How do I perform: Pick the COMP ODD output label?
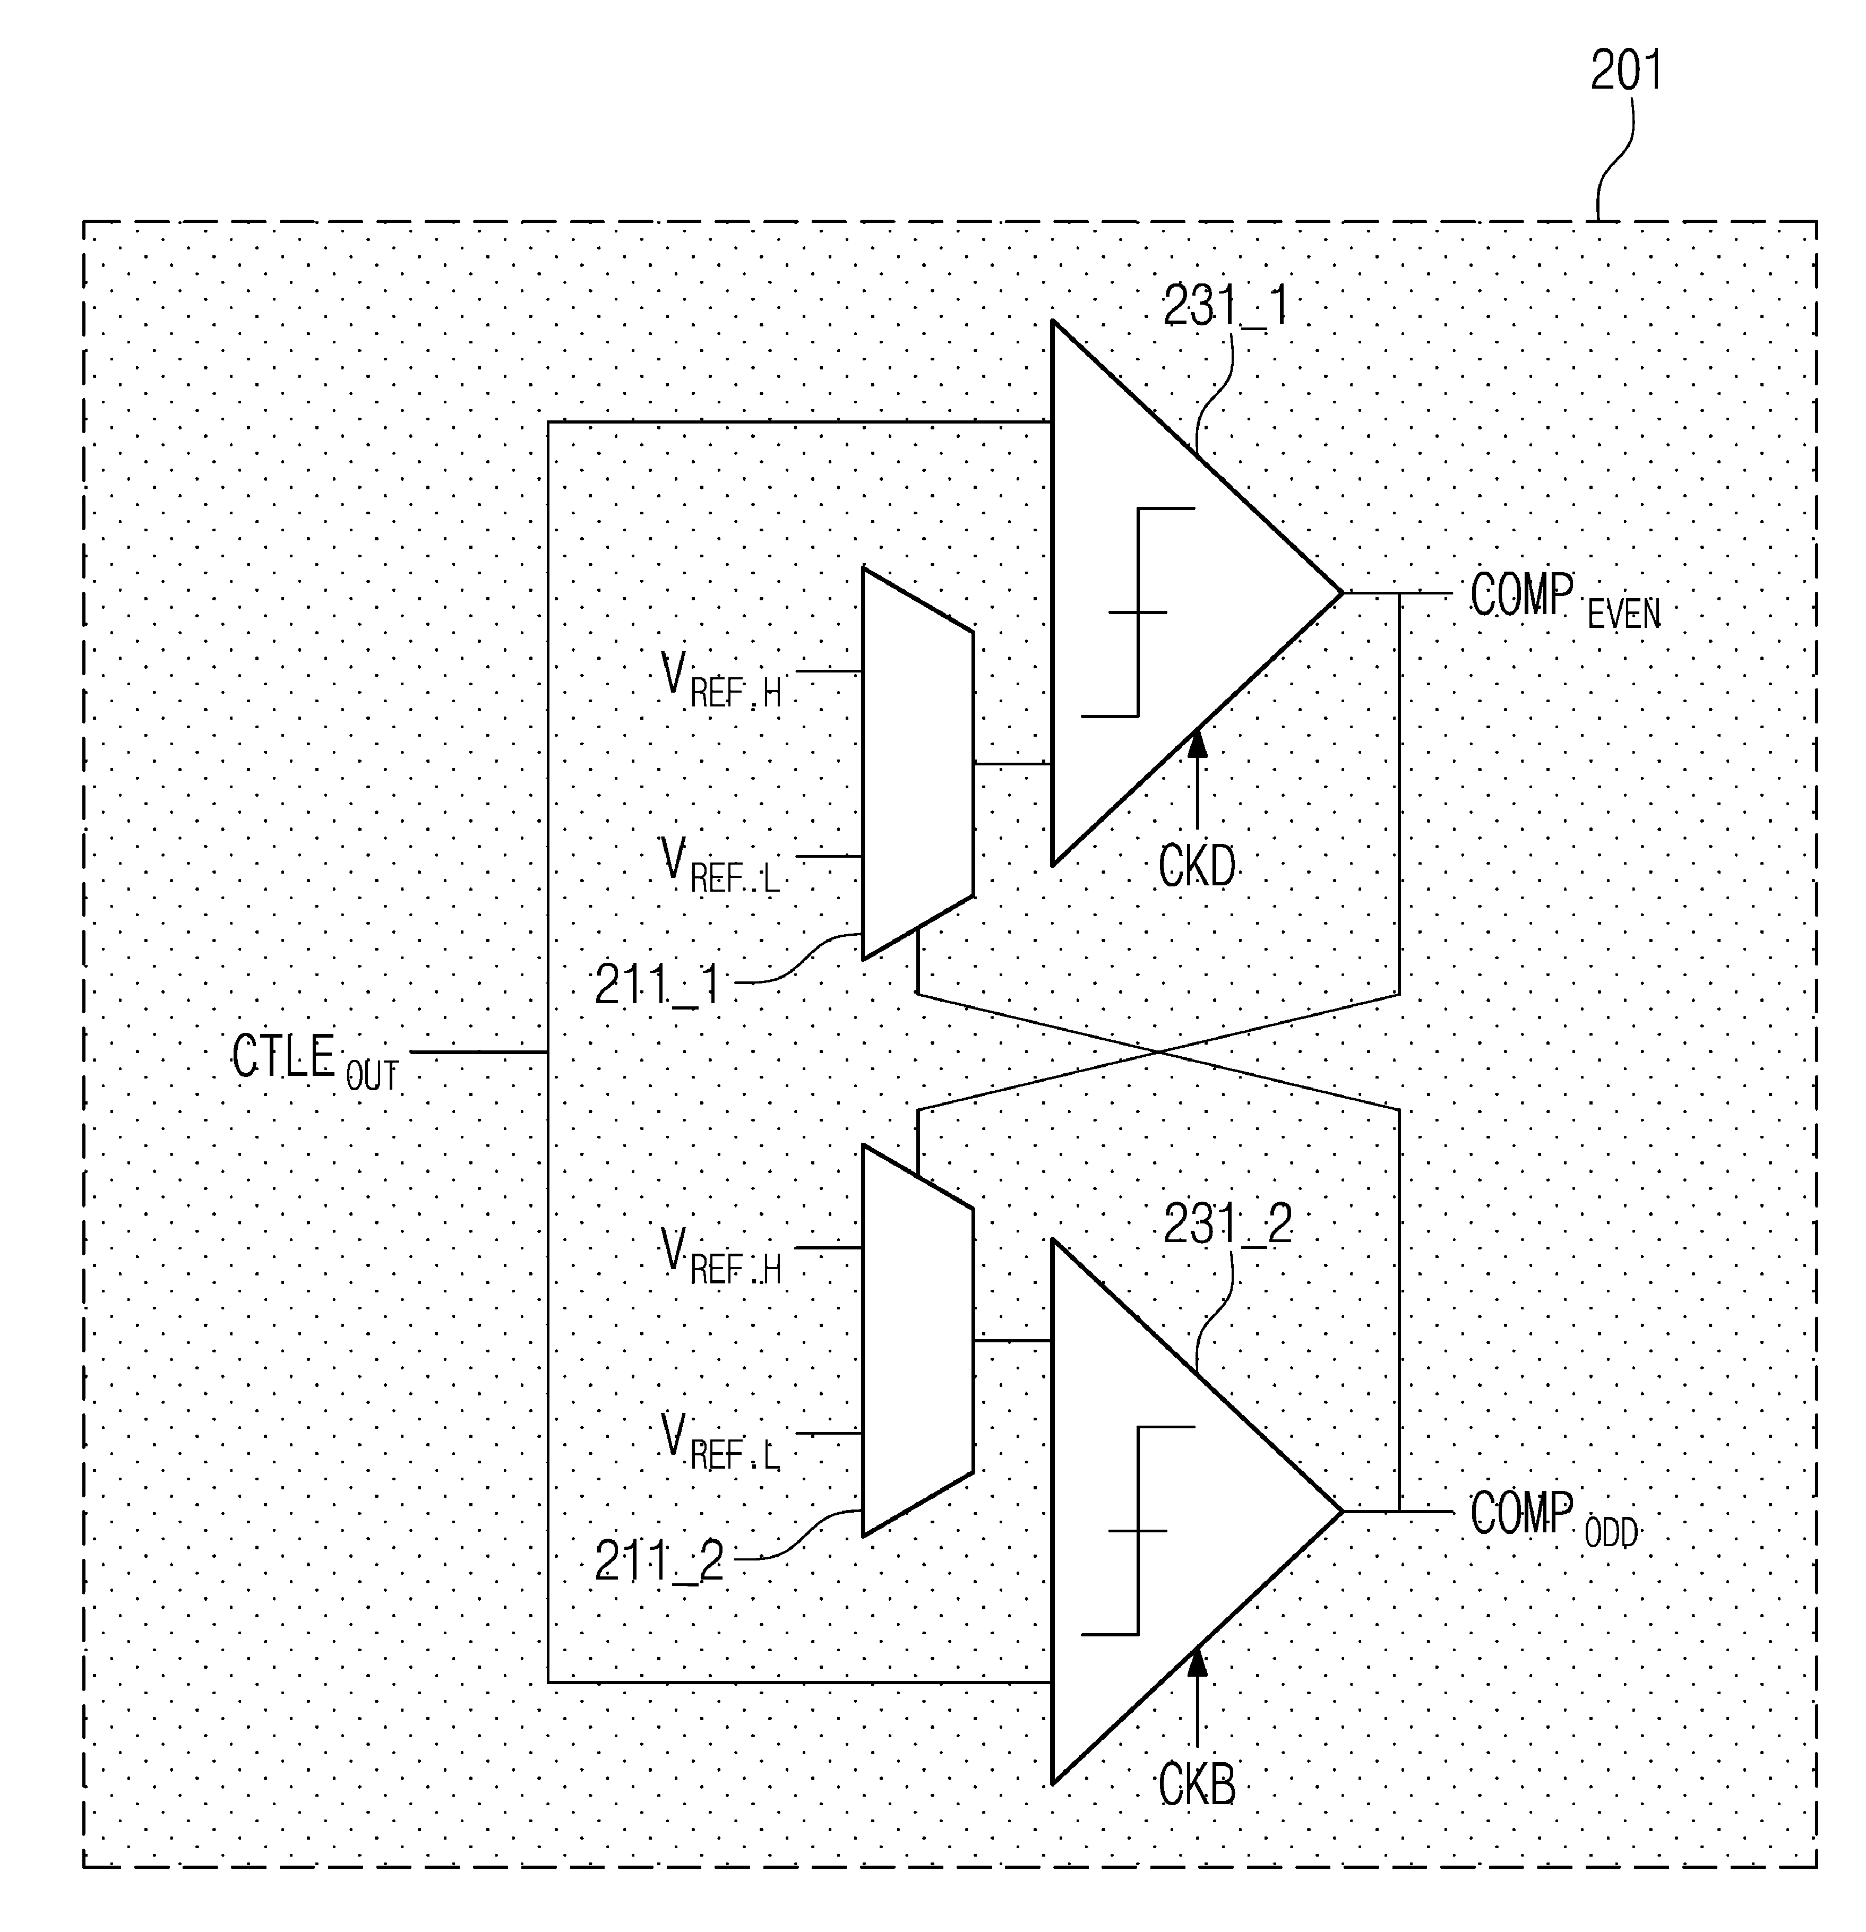[x=1553, y=1519]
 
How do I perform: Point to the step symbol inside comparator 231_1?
[x=1139, y=612]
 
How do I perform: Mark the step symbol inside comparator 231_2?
[x=1139, y=1531]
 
